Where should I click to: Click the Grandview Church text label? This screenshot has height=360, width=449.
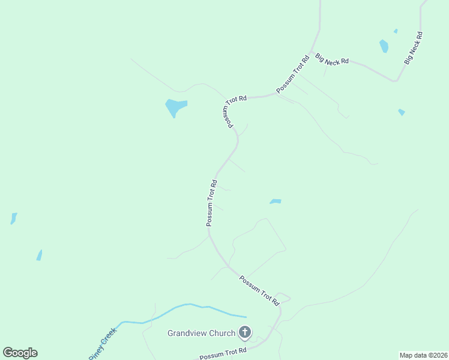click(x=202, y=333)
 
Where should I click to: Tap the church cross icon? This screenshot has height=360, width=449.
click(x=245, y=332)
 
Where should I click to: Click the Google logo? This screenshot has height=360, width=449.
click(x=20, y=353)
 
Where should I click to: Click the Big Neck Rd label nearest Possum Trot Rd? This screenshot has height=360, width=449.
click(x=333, y=59)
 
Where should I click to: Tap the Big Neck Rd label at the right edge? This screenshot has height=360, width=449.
click(x=414, y=49)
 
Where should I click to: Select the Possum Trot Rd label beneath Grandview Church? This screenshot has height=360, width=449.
click(x=223, y=353)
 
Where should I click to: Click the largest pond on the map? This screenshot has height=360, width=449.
click(x=175, y=107)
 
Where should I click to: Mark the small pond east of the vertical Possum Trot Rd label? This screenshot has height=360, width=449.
click(x=276, y=202)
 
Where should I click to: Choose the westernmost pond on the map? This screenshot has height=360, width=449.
click(x=13, y=218)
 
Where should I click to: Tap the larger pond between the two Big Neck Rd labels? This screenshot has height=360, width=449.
click(x=384, y=46)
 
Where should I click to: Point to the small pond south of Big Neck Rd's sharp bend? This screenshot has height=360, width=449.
click(x=401, y=112)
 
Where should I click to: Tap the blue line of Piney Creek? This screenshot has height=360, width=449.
click(x=180, y=307)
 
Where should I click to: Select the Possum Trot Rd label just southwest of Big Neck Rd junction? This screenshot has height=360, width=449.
click(x=294, y=74)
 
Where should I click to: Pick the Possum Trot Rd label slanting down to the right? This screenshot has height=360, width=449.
click(x=260, y=292)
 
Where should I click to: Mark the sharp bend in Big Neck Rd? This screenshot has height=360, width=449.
click(x=396, y=80)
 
